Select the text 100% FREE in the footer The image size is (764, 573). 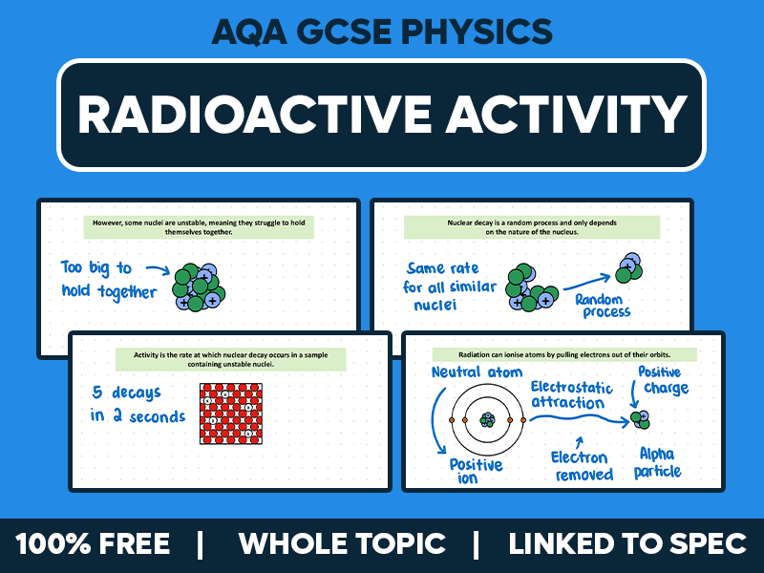coord(93,544)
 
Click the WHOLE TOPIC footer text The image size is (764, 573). coord(342,544)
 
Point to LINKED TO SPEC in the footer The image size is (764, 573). coord(627,544)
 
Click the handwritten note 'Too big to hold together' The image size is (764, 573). coord(108,280)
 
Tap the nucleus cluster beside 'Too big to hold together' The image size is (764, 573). coord(199,285)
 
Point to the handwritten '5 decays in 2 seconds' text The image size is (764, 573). coord(138,404)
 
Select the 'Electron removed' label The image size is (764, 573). coord(582,466)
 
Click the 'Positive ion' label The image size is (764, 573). coord(475,470)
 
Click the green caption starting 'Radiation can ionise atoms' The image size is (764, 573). coord(563,353)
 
